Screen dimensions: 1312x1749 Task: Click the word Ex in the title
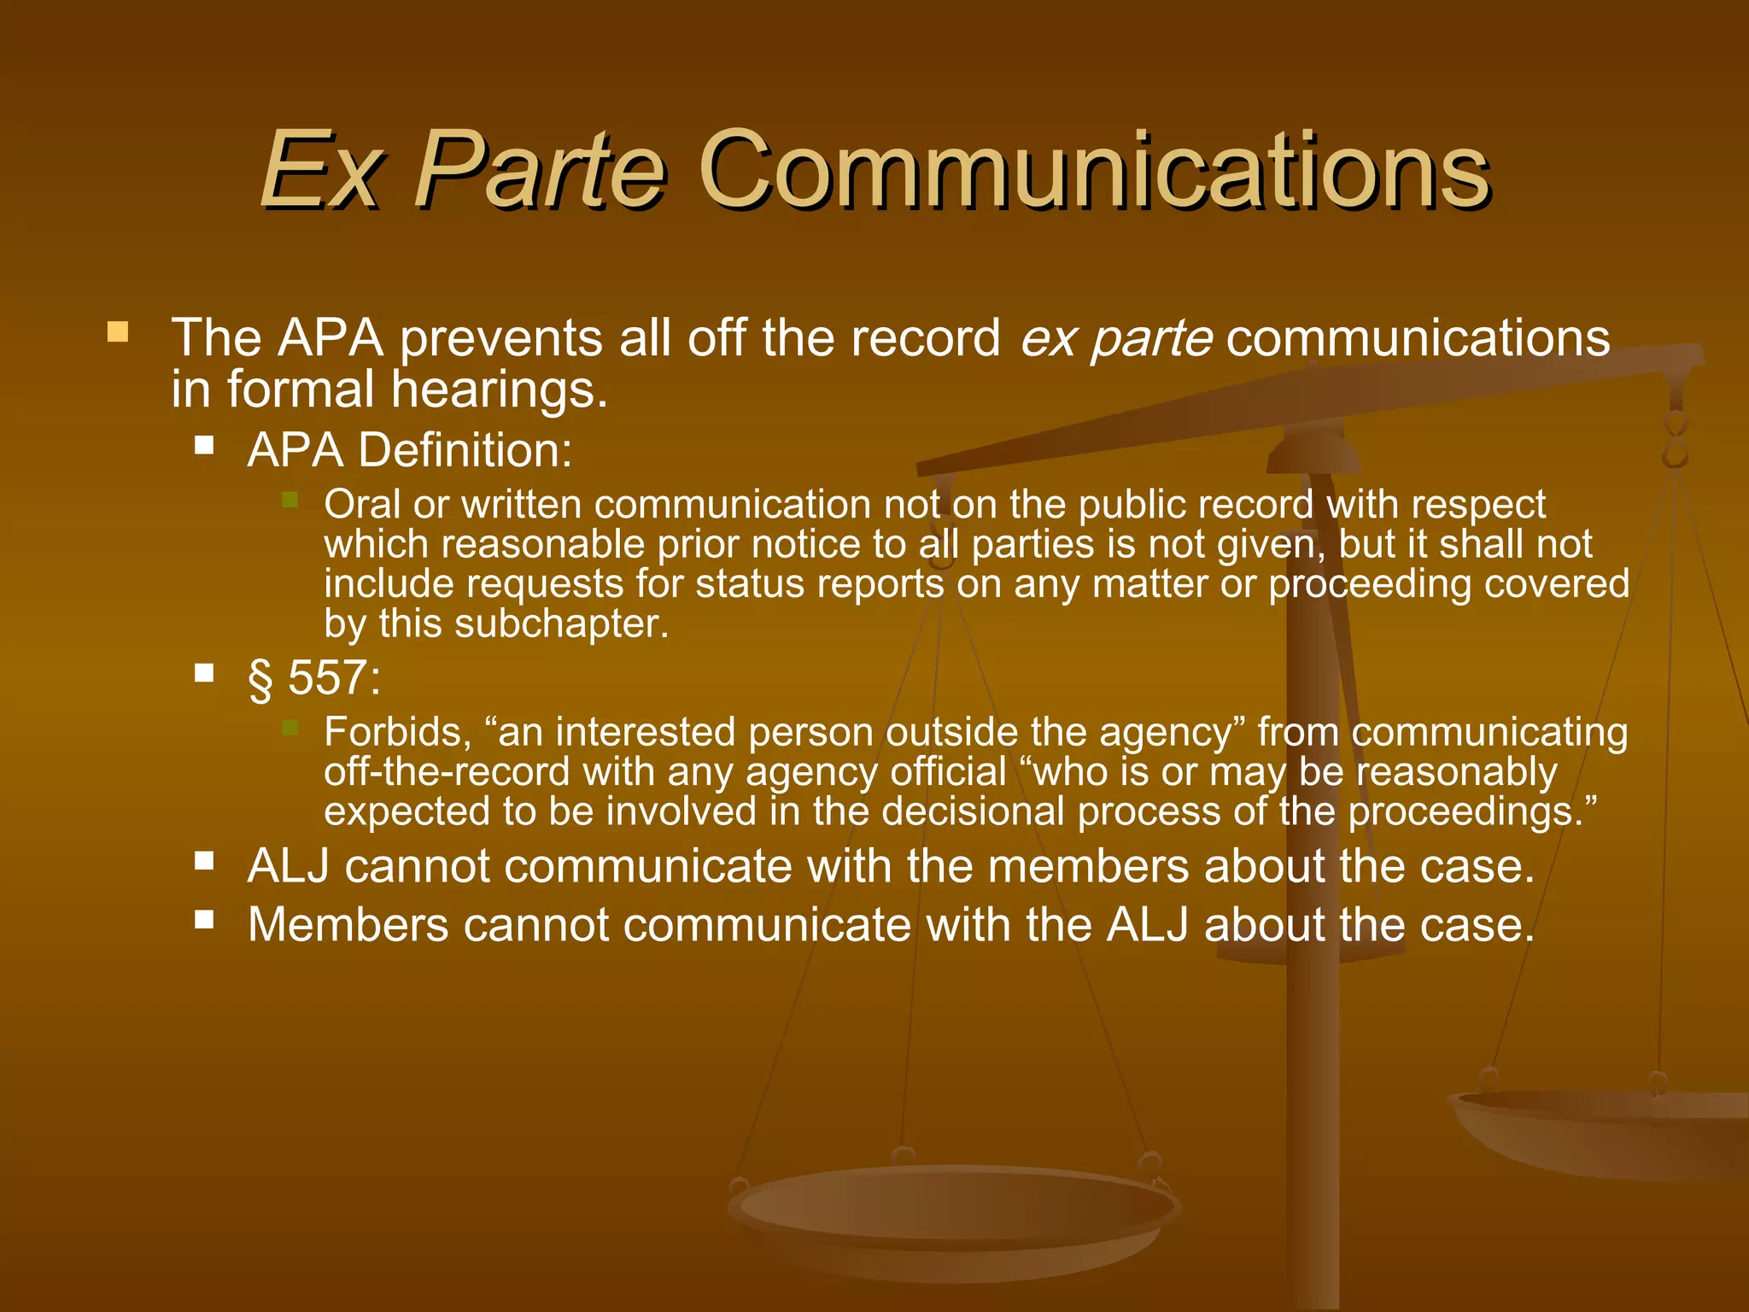click(319, 171)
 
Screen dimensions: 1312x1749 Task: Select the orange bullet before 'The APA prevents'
click(118, 331)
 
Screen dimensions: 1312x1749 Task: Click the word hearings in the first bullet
click(499, 389)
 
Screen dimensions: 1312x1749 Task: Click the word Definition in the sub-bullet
click(465, 450)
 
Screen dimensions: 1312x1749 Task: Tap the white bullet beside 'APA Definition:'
click(203, 444)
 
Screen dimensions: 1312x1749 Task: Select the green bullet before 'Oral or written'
click(290, 499)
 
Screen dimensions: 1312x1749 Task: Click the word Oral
click(362, 504)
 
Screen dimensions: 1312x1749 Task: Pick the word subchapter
click(561, 624)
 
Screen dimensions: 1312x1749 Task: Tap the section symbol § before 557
click(260, 680)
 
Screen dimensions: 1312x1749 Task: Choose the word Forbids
click(397, 732)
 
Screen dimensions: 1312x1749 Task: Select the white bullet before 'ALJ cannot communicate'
click(203, 859)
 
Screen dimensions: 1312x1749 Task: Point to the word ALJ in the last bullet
click(1148, 925)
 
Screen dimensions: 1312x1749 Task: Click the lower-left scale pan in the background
click(952, 1209)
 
